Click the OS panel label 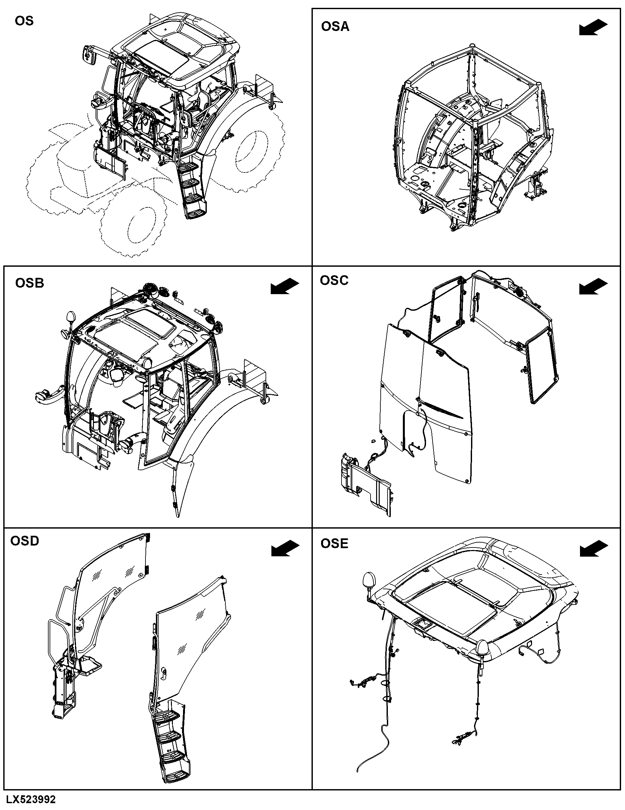tap(24, 21)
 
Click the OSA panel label tap(335, 27)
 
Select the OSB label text tap(30, 283)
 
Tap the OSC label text tap(334, 280)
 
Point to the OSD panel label tap(24, 541)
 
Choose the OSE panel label tap(334, 544)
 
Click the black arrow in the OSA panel tap(593, 28)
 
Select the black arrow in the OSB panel tap(285, 287)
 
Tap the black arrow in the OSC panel tap(593, 287)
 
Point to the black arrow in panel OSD tap(285, 548)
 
